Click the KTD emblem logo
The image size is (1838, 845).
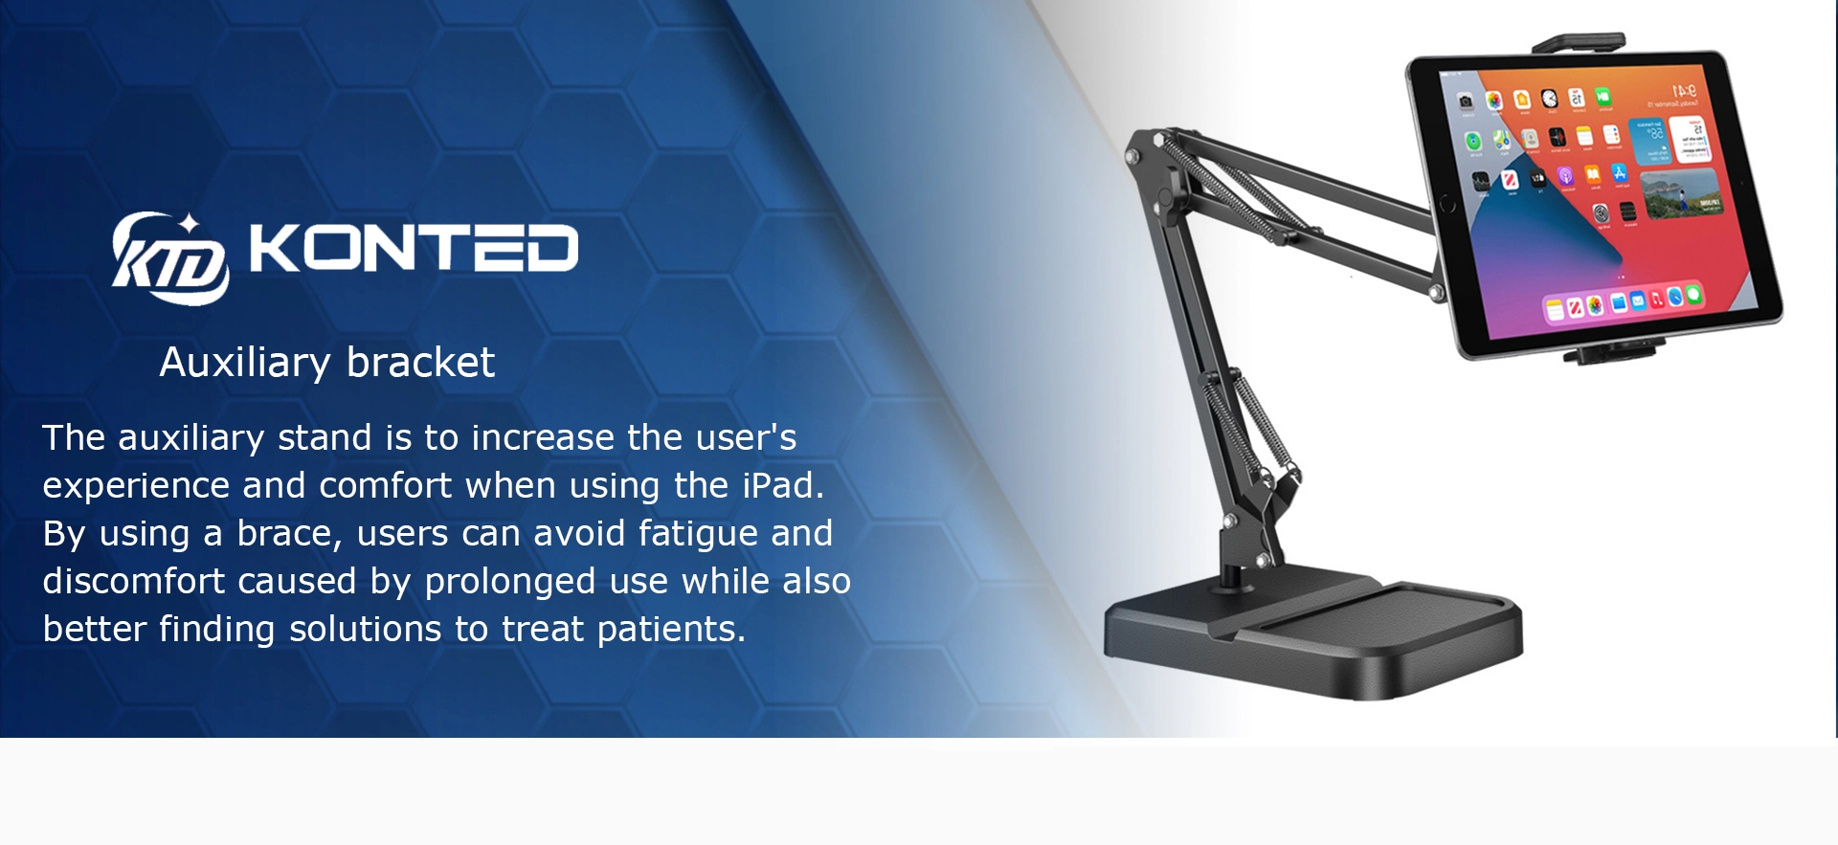tap(170, 257)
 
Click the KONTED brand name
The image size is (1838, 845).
tap(414, 249)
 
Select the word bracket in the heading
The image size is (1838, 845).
tap(420, 363)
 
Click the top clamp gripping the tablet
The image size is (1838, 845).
tap(1579, 44)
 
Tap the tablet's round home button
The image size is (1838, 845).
tap(1446, 203)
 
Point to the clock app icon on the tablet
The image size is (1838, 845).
tap(1549, 100)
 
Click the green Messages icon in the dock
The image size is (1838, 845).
tap(1693, 295)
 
